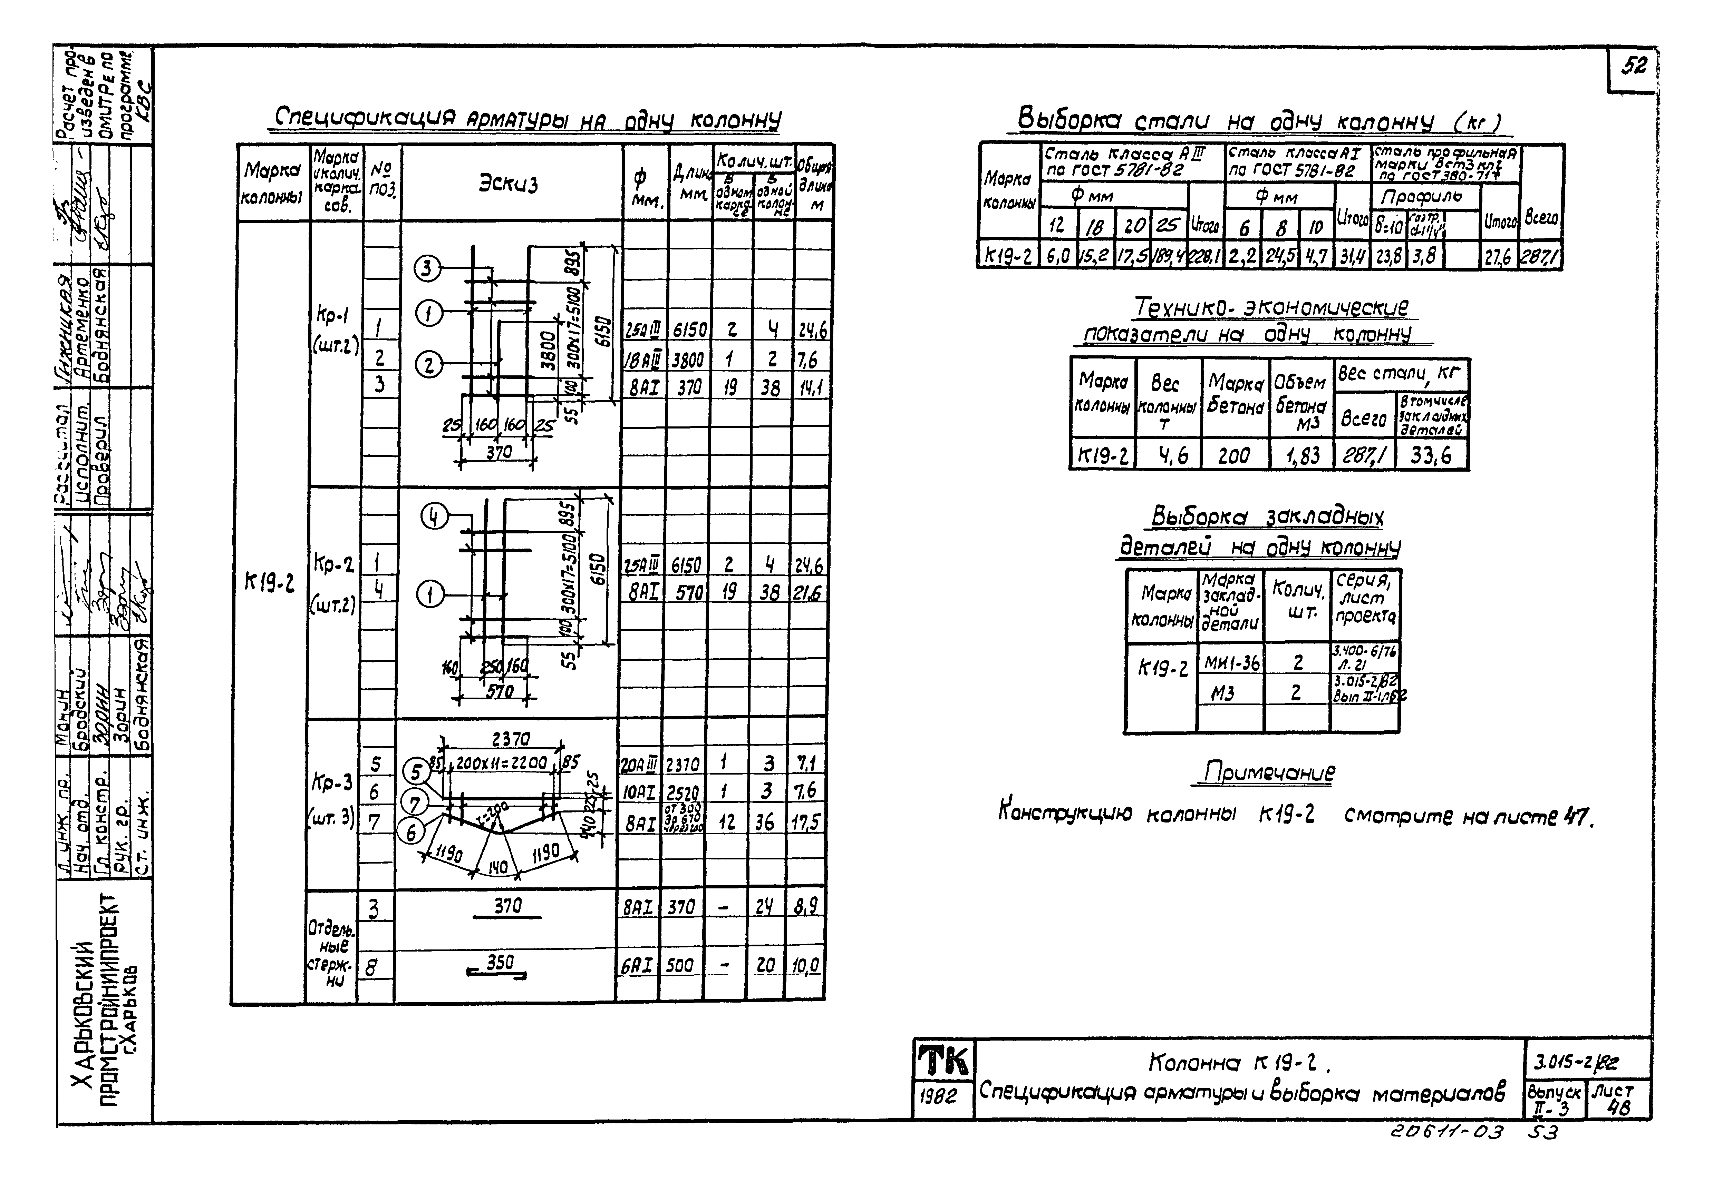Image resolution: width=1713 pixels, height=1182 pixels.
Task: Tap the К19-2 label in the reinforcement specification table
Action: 269,584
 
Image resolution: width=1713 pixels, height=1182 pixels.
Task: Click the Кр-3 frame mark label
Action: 333,783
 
